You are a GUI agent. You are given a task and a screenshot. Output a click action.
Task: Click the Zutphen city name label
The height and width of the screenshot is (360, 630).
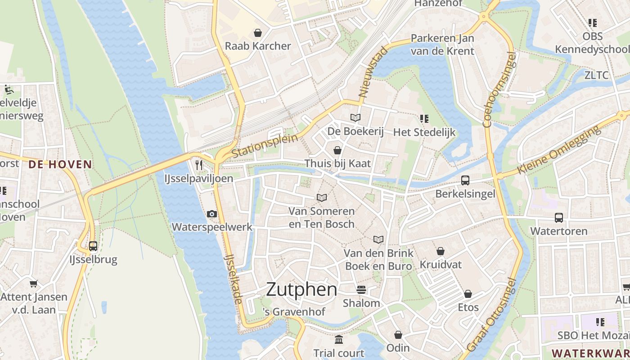coord(301,289)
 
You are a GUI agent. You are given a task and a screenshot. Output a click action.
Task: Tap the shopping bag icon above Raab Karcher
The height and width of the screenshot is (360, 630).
coord(258,33)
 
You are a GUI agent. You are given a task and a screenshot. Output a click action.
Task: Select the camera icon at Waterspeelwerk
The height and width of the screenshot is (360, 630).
coord(212,214)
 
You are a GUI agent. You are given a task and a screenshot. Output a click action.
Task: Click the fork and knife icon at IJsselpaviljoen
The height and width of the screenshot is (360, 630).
coord(199,165)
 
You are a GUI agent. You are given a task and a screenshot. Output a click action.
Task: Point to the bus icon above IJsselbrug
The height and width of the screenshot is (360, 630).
coord(93,246)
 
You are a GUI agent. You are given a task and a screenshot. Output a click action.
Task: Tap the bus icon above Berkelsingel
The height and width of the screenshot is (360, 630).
coord(465,180)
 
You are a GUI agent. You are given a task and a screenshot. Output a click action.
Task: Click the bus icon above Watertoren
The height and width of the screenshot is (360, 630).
coord(558,218)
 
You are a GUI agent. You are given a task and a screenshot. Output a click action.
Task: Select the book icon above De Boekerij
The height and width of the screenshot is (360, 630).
coord(355,118)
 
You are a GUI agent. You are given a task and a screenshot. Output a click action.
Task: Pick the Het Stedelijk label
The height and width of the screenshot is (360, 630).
coord(424,132)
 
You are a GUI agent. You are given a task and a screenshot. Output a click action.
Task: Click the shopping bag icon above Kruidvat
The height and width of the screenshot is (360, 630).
coord(441,251)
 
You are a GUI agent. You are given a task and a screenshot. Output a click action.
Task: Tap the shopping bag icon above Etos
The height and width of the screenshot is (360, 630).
coord(468,294)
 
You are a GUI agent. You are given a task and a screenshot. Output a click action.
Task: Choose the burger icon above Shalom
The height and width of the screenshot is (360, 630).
coord(361,289)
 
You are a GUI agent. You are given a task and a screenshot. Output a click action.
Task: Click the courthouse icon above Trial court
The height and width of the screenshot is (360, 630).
coord(339,339)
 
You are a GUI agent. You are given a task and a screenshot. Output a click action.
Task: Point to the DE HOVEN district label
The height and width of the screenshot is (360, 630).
coord(60,164)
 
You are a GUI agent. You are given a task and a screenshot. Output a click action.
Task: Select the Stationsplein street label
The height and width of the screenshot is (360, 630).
coord(265,146)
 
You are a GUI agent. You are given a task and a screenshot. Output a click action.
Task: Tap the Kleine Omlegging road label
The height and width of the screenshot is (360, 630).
coord(559,150)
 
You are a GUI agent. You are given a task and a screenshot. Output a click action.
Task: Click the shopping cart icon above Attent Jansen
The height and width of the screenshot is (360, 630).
coord(33,283)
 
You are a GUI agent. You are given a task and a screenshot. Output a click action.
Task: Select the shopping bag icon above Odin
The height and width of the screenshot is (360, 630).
coord(398,335)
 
